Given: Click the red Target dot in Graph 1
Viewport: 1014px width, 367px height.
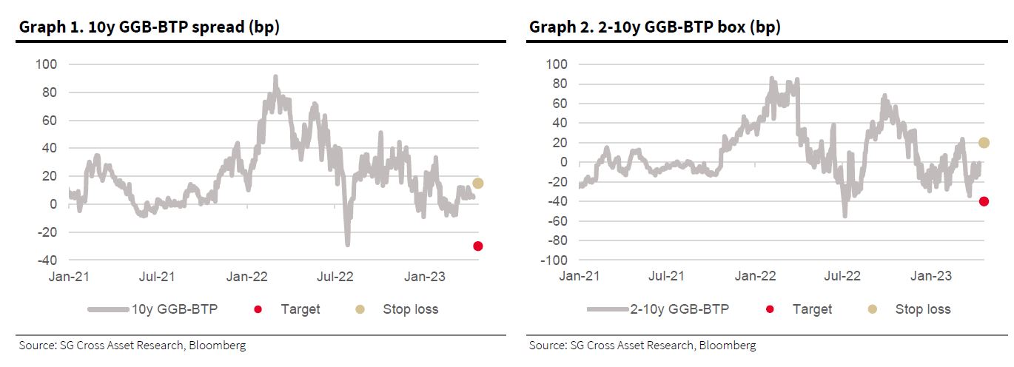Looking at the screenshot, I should pyautogui.click(x=477, y=246).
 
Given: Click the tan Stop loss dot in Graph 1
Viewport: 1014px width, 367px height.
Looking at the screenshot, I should pyautogui.click(x=477, y=183).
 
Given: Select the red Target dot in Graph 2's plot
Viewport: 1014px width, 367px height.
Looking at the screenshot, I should pyautogui.click(x=984, y=201).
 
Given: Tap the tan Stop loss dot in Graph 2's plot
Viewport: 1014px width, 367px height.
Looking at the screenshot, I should pyautogui.click(x=984, y=143).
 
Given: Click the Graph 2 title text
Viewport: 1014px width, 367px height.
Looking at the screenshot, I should pyautogui.click(x=655, y=27).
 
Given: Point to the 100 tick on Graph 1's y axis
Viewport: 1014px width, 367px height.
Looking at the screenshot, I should pyautogui.click(x=47, y=64).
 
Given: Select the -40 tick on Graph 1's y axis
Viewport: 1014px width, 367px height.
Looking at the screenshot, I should pyautogui.click(x=47, y=260).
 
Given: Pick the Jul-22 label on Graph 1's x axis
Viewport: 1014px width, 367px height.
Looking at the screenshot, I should pyautogui.click(x=336, y=277).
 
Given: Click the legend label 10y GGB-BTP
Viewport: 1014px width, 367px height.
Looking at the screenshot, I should pyautogui.click(x=175, y=309).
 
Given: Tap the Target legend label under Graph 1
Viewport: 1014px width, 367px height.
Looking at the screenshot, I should pyautogui.click(x=300, y=309).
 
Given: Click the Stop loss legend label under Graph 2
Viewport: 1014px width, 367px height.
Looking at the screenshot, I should pyautogui.click(x=922, y=309).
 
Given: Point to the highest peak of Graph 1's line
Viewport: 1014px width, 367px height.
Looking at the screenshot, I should pyautogui.click(x=275, y=77).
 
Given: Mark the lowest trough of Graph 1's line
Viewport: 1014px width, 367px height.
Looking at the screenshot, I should pyautogui.click(x=347, y=243).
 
